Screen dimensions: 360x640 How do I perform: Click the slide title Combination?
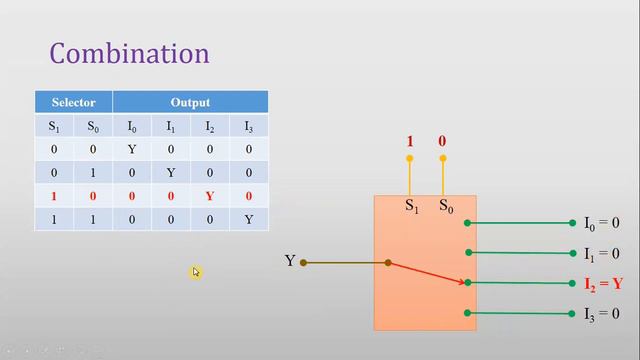130,53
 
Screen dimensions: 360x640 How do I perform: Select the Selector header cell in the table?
74,102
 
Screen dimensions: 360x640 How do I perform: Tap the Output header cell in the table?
190,102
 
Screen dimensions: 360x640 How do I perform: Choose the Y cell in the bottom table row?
249,218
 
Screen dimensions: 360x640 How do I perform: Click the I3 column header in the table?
249,125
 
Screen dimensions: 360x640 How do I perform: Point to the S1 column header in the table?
54,125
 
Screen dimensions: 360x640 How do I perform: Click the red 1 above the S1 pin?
409,142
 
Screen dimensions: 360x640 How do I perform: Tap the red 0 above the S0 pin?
442,142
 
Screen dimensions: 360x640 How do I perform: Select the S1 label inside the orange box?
411,206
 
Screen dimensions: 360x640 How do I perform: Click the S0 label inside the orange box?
446,206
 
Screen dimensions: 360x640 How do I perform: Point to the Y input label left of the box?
290,262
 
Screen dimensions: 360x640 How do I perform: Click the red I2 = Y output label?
603,284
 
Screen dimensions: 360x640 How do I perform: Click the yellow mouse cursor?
196,272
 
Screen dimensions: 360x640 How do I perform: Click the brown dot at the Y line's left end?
303,263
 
